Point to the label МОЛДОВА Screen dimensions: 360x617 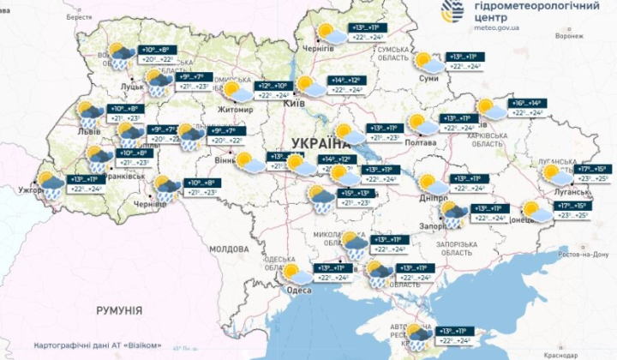tap(229, 249)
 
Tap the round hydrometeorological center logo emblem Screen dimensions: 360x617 tap(454, 11)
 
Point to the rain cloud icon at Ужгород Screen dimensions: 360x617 tap(49, 185)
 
